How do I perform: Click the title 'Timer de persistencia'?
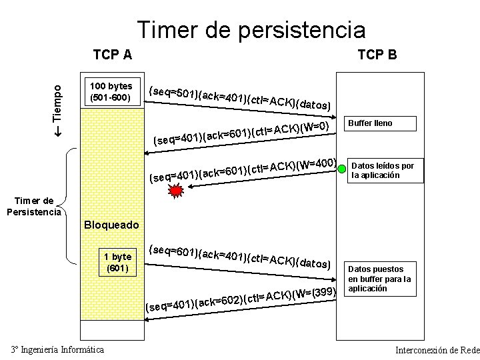(251, 29)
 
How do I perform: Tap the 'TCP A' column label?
(112, 54)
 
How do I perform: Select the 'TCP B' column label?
(377, 54)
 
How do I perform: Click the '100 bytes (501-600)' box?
(111, 92)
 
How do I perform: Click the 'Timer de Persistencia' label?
(34, 207)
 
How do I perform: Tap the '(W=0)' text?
(315, 127)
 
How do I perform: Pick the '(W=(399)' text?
(312, 292)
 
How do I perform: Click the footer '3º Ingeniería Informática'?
(57, 349)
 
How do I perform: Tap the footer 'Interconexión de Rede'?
(437, 350)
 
